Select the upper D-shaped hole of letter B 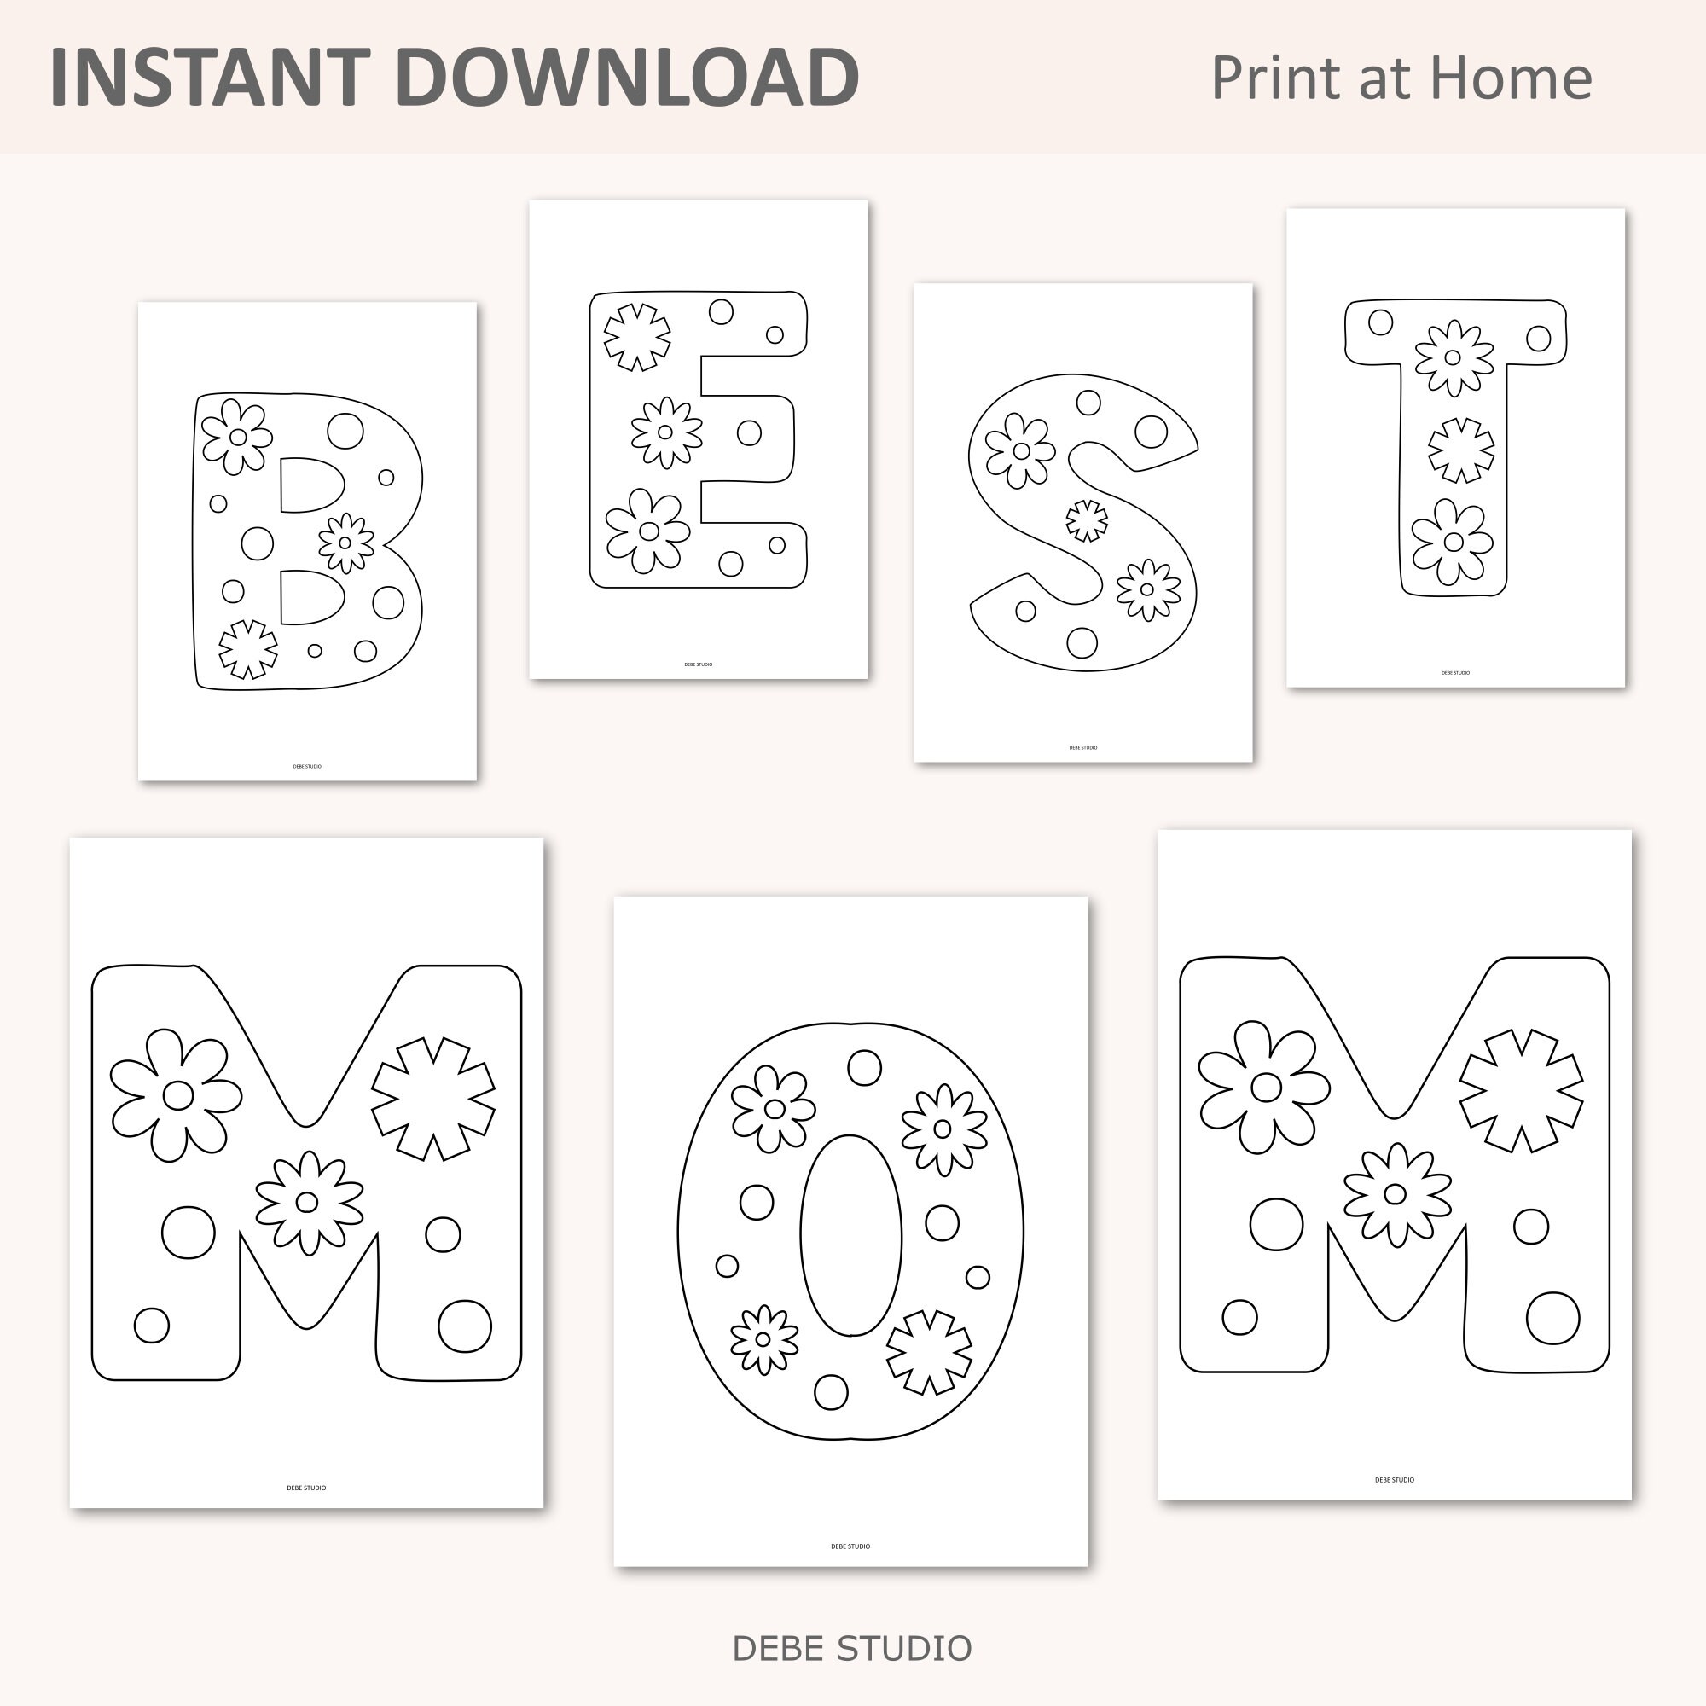(x=310, y=485)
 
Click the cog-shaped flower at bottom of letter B (x=248, y=649)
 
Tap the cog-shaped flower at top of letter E (x=636, y=336)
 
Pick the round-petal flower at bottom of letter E (x=648, y=531)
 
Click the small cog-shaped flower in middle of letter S (x=1087, y=520)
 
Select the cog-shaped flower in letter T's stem (x=1461, y=450)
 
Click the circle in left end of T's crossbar (x=1380, y=322)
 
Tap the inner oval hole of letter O (x=850, y=1235)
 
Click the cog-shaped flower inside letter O (x=929, y=1352)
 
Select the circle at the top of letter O (x=864, y=1068)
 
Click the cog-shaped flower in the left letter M (x=432, y=1098)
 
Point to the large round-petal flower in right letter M (x=1264, y=1088)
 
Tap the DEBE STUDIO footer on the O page (x=850, y=1546)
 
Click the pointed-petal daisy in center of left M (x=308, y=1202)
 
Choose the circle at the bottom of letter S (x=1082, y=642)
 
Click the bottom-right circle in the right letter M (x=1552, y=1319)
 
